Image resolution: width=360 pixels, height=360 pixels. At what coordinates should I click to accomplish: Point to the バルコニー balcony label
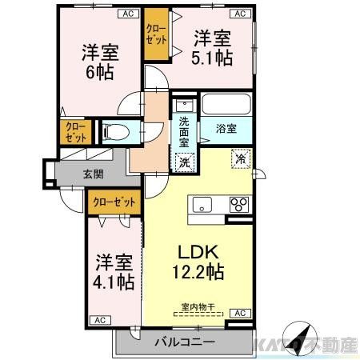point(185,342)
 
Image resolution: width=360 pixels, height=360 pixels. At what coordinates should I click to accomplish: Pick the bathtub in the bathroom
point(226,105)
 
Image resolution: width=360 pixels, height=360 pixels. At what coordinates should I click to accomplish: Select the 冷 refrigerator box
point(239,159)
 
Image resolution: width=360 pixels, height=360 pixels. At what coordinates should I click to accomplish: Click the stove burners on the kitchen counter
point(239,204)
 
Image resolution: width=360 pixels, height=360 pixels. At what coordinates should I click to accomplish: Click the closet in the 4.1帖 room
point(115,202)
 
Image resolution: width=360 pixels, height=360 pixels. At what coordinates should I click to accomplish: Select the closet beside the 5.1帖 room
point(155,37)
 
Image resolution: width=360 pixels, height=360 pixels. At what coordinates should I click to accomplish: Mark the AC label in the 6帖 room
point(127,14)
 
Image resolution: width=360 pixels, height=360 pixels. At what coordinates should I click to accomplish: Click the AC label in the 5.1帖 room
point(238,14)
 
